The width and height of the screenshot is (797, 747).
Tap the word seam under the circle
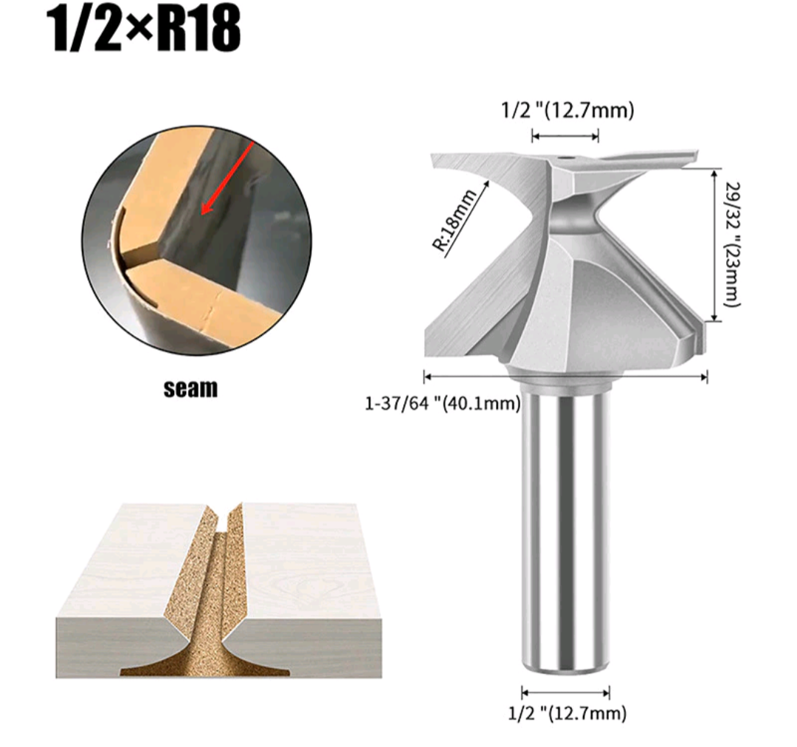[191, 388]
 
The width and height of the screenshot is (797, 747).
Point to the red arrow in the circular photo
[230, 177]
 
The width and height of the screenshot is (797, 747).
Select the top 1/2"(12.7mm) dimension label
[567, 111]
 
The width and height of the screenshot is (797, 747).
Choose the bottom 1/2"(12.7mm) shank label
[567, 713]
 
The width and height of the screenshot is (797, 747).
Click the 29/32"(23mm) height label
[731, 244]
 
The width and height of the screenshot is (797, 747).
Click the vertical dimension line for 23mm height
[714, 244]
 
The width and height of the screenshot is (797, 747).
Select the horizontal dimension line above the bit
[565, 136]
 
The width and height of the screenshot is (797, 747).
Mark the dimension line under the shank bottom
[565, 692]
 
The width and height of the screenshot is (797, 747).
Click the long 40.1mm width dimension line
[565, 377]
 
